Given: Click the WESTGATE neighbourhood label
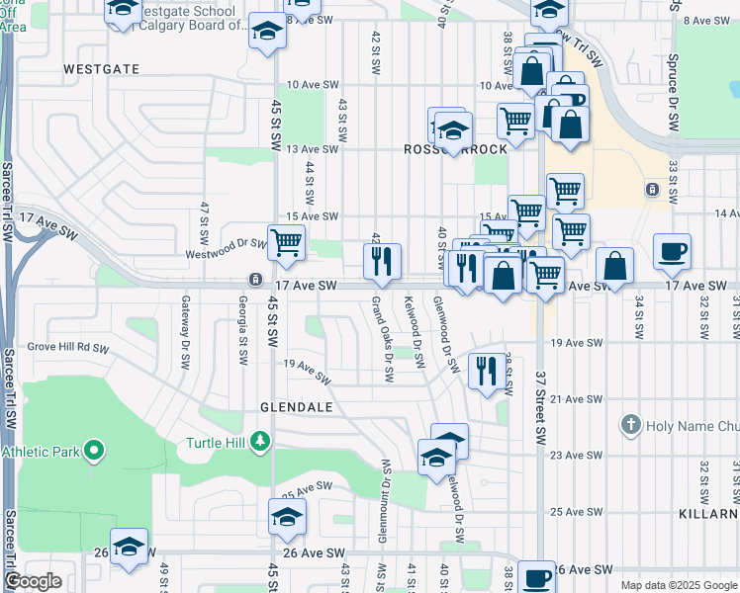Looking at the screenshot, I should click(x=97, y=70).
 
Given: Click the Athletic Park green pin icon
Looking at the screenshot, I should click(x=94, y=452).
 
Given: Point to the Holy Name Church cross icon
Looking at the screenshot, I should click(x=630, y=426).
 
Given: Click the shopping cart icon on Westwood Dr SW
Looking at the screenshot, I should click(x=287, y=240).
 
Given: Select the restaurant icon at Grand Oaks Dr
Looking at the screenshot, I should click(x=382, y=261).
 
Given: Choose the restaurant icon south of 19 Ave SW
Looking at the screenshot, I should click(x=485, y=371).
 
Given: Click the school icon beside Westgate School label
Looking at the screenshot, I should click(x=123, y=8).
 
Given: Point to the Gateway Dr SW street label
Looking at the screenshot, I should click(x=184, y=331).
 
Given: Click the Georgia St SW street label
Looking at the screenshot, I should click(x=242, y=331).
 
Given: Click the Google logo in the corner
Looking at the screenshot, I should click(x=34, y=581).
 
